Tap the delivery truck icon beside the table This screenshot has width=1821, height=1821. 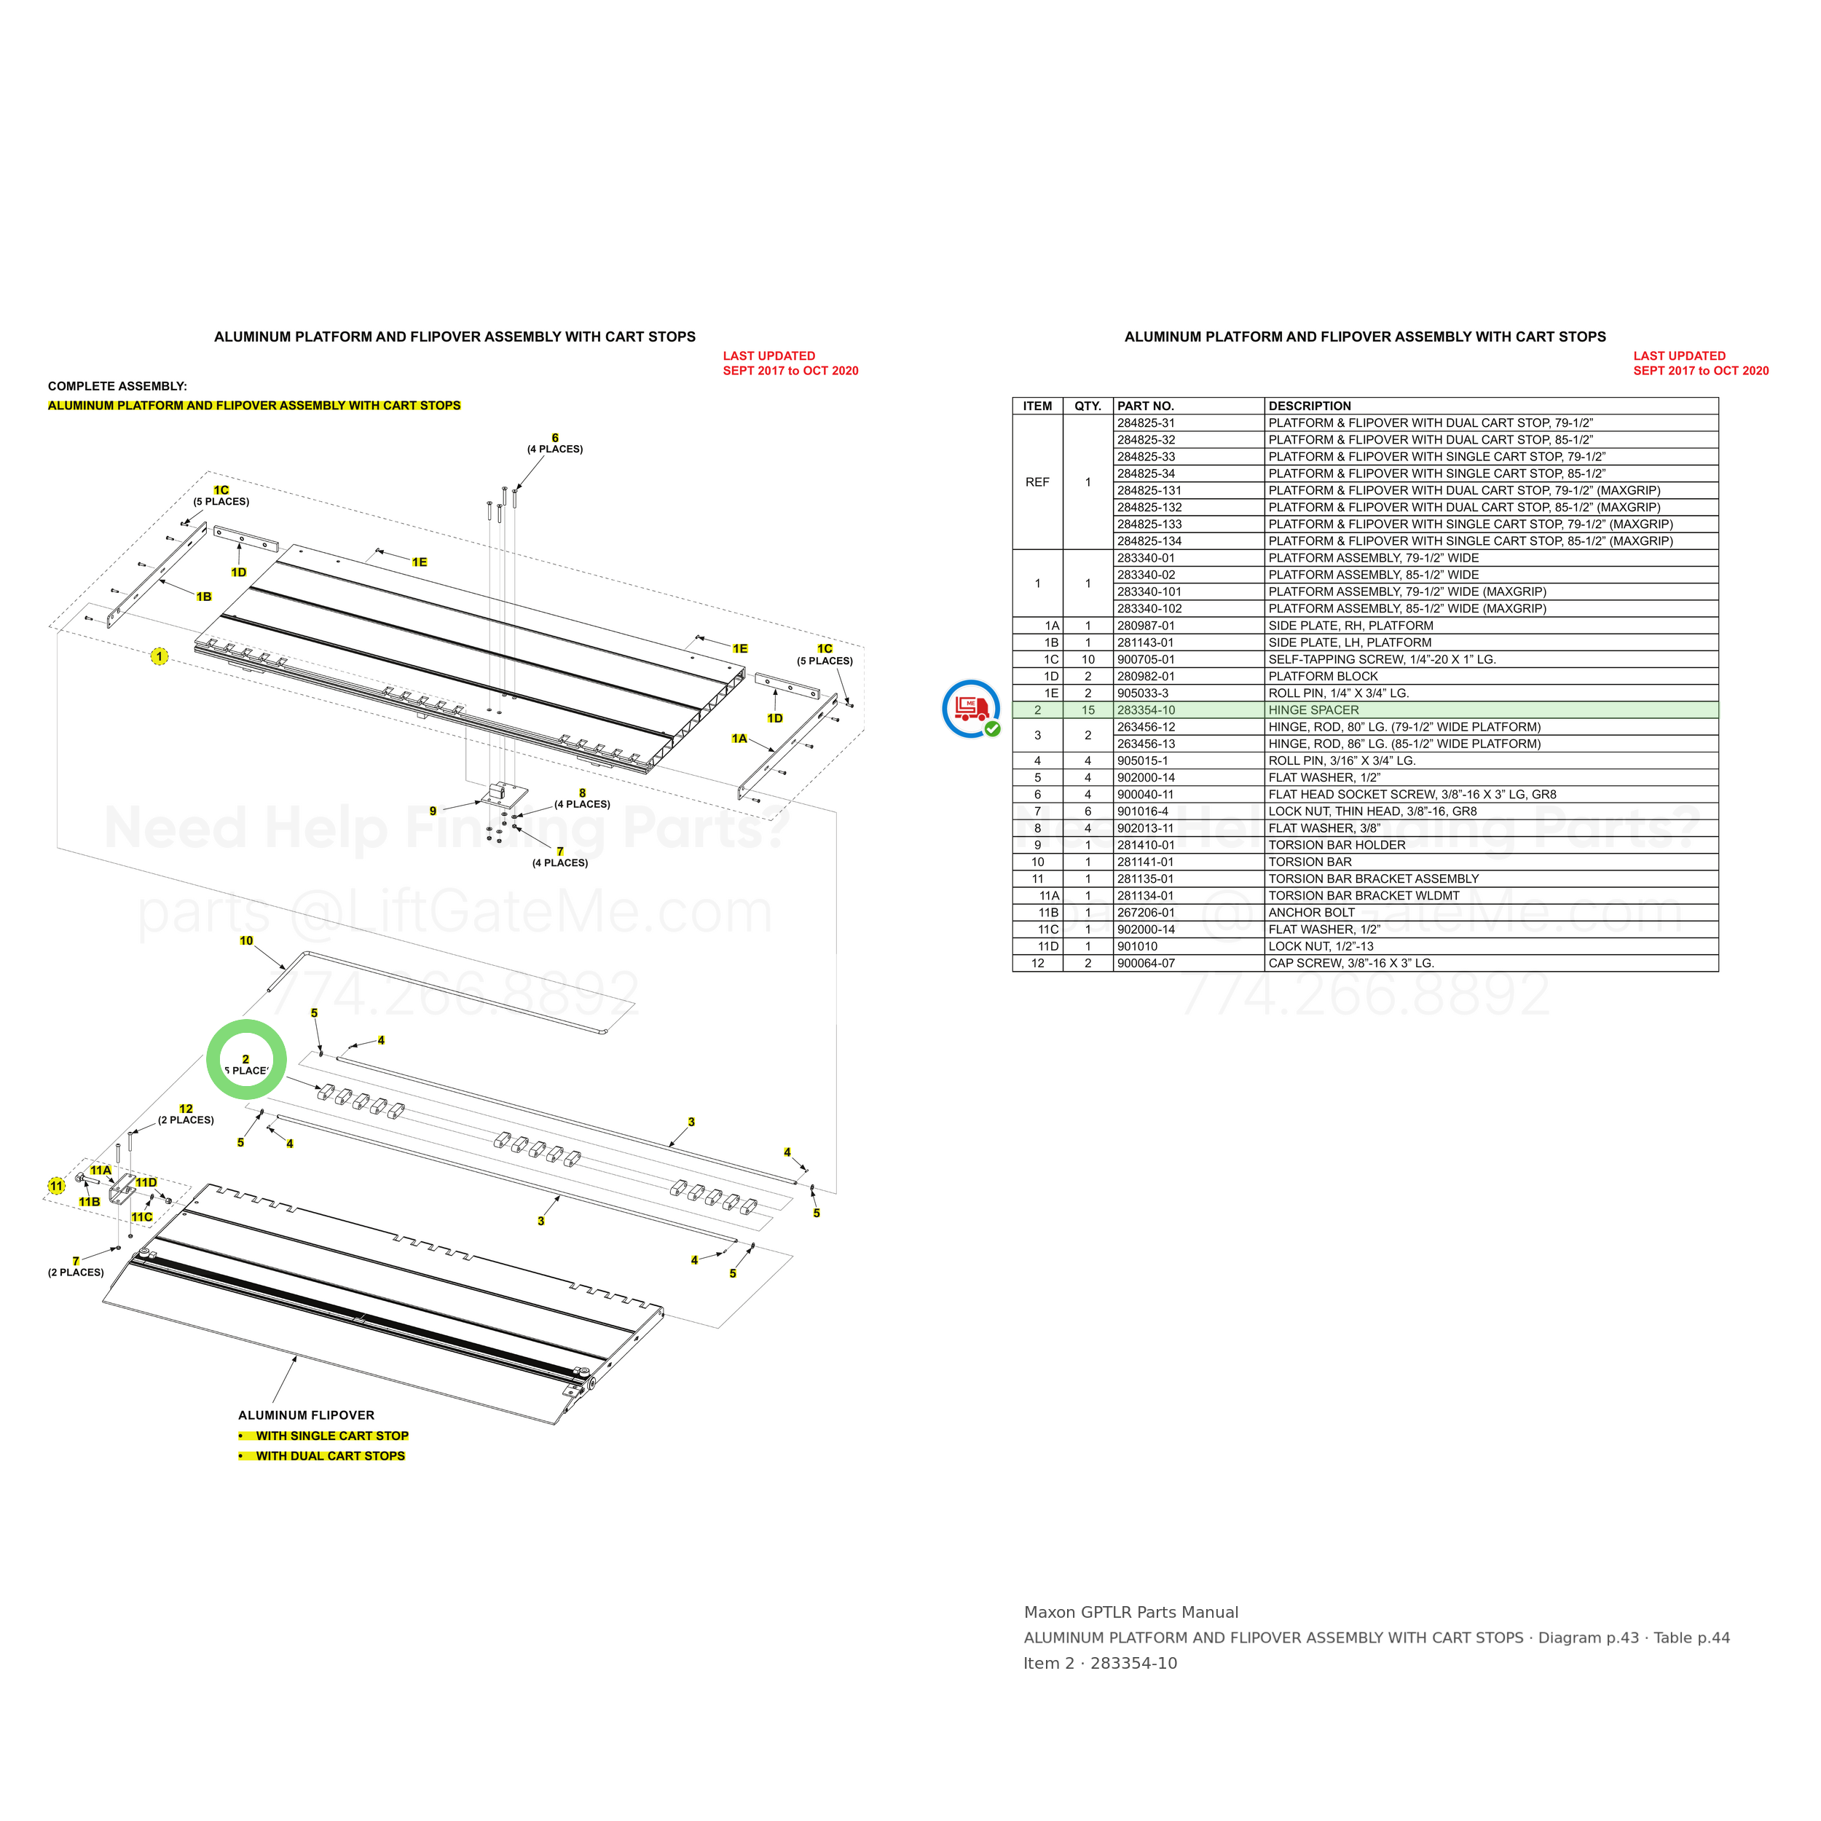click(971, 708)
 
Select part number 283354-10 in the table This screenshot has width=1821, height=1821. click(1146, 709)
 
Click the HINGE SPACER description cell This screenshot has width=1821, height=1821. click(1313, 709)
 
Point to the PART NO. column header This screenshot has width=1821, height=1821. click(1145, 406)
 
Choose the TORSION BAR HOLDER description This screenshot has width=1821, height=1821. click(1337, 844)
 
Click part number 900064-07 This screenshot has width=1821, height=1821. click(1146, 963)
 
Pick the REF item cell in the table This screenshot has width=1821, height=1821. click(1037, 481)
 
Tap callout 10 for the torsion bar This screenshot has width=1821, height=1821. click(246, 940)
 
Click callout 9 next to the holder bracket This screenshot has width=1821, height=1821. click(433, 811)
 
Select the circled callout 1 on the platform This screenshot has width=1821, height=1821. click(160, 656)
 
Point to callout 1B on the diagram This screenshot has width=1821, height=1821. click(204, 597)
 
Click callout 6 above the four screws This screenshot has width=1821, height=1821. click(555, 437)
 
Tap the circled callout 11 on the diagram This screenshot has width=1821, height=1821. click(57, 1186)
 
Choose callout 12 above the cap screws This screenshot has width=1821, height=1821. click(186, 1109)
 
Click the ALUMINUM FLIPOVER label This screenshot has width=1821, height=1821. click(307, 1415)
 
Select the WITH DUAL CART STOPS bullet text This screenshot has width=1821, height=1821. click(330, 1455)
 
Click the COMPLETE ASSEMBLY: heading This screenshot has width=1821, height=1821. click(118, 387)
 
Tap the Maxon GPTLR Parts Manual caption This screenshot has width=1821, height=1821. click(1131, 1613)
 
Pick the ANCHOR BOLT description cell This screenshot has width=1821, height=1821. click(1311, 913)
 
